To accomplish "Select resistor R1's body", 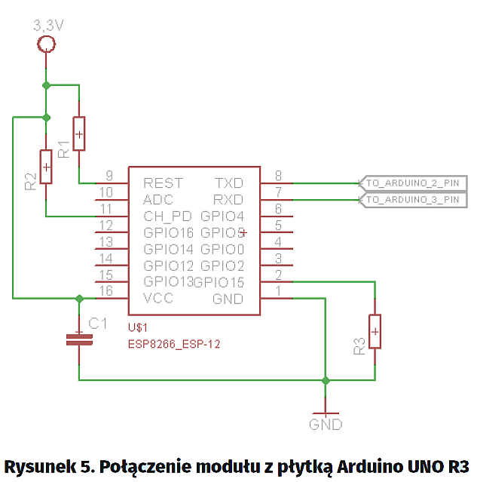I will (79, 134).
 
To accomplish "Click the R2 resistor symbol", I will (47, 167).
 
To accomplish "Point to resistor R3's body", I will (375, 331).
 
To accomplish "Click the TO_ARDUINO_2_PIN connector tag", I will (412, 183).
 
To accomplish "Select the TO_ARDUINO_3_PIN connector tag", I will (412, 200).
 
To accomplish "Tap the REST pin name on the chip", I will (163, 183).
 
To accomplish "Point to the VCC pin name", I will (158, 299).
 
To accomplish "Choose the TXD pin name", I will (229, 183).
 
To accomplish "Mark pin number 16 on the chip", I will (105, 290).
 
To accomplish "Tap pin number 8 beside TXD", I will (278, 174).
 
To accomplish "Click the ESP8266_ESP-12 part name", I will (176, 343).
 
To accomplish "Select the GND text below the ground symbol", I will (326, 425).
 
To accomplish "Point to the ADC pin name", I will (157, 200).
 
